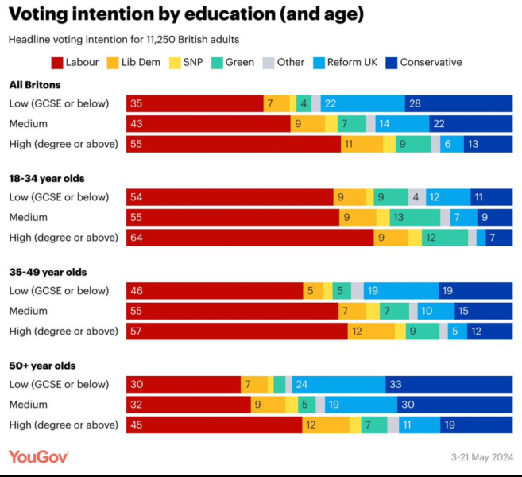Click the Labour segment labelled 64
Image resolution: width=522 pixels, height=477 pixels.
[x=249, y=238]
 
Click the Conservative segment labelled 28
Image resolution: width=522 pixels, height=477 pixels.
[x=458, y=103]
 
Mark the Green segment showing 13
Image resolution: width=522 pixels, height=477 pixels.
[x=414, y=217]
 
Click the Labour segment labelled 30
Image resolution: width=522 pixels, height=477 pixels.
[x=184, y=385]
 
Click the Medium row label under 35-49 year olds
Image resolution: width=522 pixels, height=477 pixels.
[x=29, y=311]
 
